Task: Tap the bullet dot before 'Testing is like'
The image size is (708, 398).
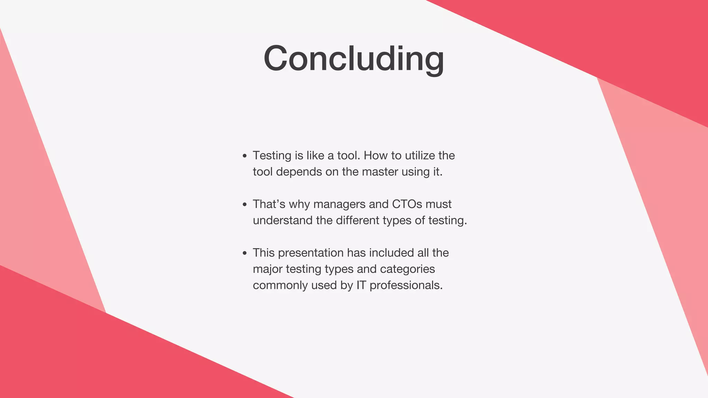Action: (x=245, y=156)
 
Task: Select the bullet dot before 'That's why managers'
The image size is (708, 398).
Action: (x=245, y=205)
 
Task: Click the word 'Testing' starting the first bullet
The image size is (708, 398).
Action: (x=272, y=156)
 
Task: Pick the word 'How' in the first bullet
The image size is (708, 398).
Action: (x=376, y=155)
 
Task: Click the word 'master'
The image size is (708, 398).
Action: (x=380, y=172)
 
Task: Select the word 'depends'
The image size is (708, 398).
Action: (x=299, y=172)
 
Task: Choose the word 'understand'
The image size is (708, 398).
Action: (x=283, y=220)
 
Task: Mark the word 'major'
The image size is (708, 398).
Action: (x=268, y=269)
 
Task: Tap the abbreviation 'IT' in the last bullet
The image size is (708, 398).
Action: (x=361, y=285)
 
